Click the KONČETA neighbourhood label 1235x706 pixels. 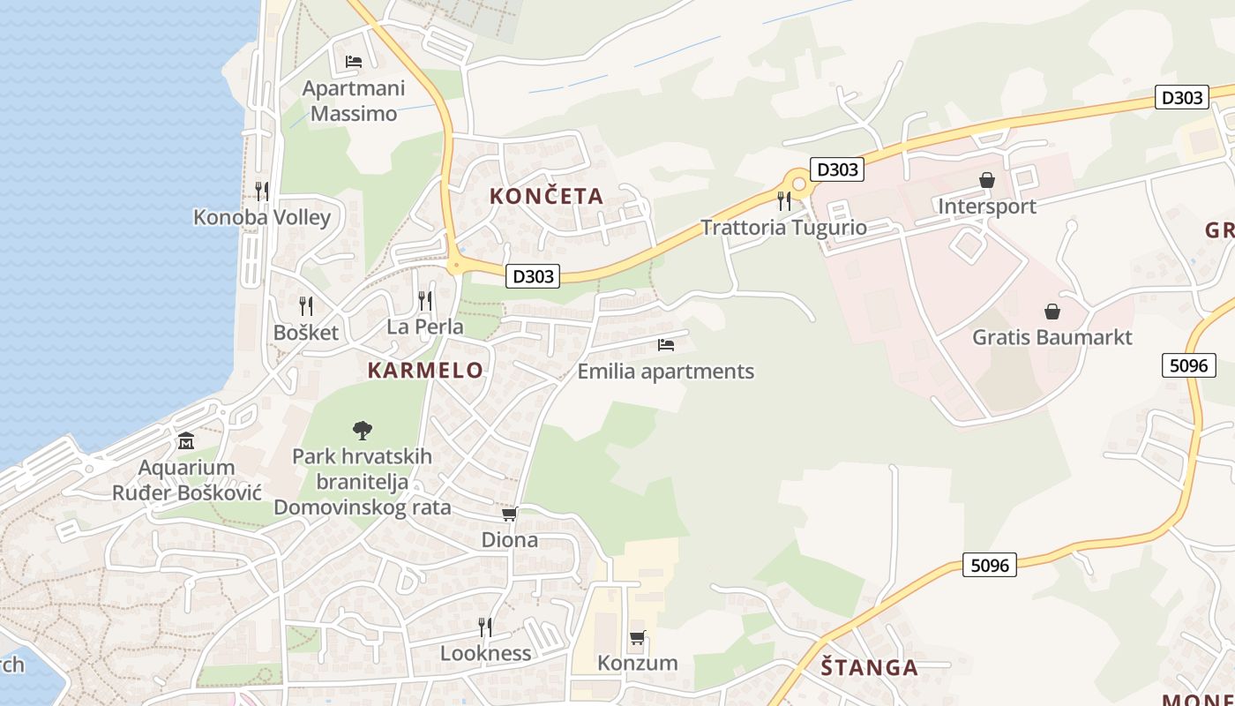pos(547,196)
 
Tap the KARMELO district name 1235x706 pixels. pos(425,370)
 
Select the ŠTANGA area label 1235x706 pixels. pos(869,667)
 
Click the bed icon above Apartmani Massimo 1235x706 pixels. pos(354,62)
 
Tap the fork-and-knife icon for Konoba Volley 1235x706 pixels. pos(262,191)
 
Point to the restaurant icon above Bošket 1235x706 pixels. pos(306,306)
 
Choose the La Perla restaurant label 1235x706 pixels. pos(425,327)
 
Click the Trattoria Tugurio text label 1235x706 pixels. pos(783,227)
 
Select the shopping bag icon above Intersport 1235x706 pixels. pos(986,180)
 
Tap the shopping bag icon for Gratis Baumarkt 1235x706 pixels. pos(1052,312)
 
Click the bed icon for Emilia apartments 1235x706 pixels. pos(665,345)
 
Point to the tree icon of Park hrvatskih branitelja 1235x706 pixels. pos(362,431)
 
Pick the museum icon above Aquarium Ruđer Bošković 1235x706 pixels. pos(186,440)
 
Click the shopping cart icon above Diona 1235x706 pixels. pos(509,514)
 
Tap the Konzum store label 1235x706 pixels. pos(637,663)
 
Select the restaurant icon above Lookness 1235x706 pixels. pos(485,627)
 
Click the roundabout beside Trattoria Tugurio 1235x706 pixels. pos(800,184)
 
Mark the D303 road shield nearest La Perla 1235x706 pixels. pos(534,276)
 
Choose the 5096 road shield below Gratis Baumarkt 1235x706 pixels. pos(1188,364)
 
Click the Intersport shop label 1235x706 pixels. pos(986,207)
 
